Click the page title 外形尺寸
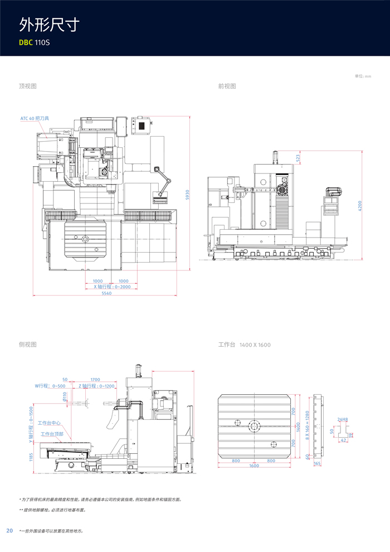[x=50, y=25]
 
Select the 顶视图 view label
[x=27, y=86]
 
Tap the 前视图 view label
[x=227, y=86]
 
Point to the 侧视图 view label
[x=27, y=345]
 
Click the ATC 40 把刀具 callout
[x=35, y=119]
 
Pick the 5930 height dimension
[x=188, y=195]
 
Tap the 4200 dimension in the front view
[x=360, y=205]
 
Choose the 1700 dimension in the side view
[x=95, y=380]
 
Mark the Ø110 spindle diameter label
[x=65, y=396]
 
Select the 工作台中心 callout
[x=50, y=423]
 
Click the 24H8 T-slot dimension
[x=342, y=419]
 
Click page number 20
[x=9, y=530]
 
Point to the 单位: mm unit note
[x=363, y=76]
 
